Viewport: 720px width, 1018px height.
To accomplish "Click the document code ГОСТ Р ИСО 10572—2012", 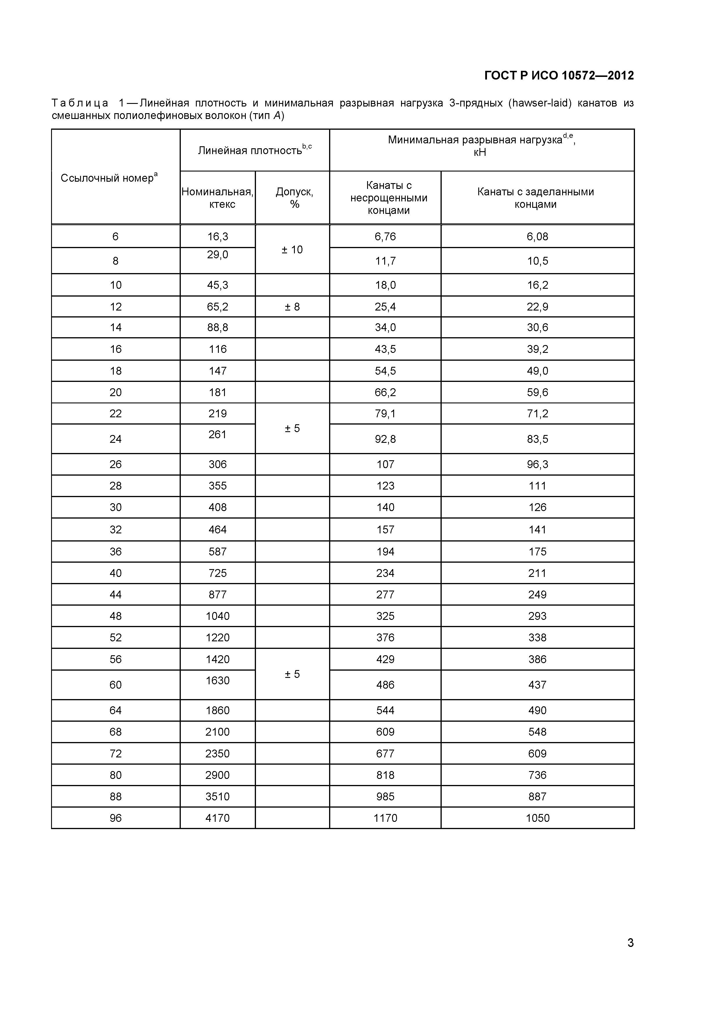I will tap(559, 75).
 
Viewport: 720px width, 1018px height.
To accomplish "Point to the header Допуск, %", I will tap(294, 198).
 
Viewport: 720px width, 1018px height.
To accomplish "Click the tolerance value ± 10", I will tap(292, 250).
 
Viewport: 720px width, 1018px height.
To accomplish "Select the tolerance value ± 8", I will tap(292, 307).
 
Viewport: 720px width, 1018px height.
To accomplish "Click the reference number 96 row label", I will tap(116, 818).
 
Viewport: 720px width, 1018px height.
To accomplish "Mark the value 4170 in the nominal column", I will tap(218, 818).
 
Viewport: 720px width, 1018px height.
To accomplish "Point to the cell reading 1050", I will tap(537, 818).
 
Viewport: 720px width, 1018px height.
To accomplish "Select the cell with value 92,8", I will tap(385, 439).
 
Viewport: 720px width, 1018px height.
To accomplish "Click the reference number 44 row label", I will tap(116, 595).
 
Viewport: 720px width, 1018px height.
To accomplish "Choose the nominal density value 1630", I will tap(218, 680).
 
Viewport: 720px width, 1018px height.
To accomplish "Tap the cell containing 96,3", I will tap(537, 464).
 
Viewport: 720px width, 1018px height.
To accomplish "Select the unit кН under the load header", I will tap(480, 152).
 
